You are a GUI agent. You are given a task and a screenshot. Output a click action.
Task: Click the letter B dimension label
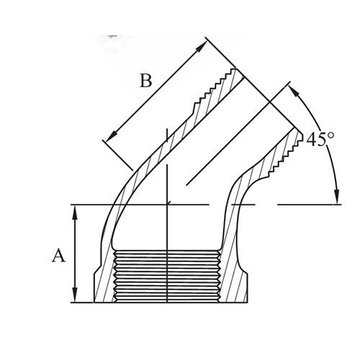(146, 80)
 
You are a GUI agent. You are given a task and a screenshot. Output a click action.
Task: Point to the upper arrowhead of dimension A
(75, 210)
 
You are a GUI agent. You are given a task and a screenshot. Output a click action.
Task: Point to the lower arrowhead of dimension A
(75, 297)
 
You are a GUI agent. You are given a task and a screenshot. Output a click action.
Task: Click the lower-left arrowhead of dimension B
(109, 137)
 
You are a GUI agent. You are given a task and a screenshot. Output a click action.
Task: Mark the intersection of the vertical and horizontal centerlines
(167, 204)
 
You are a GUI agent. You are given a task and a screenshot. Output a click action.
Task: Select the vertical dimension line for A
(75, 252)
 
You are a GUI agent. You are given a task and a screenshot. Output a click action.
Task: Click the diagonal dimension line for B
(155, 92)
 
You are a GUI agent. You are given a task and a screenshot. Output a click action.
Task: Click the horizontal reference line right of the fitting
(310, 204)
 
